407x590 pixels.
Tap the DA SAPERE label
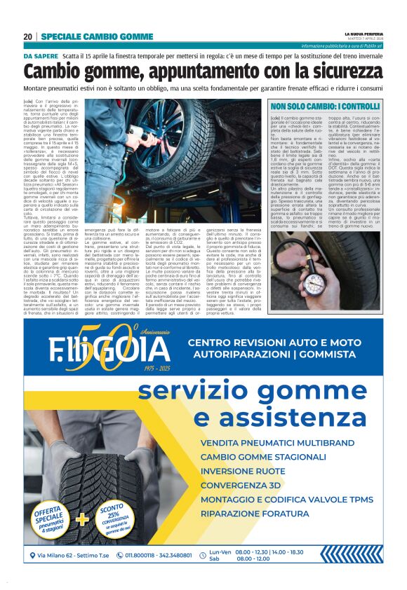pos(41,55)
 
